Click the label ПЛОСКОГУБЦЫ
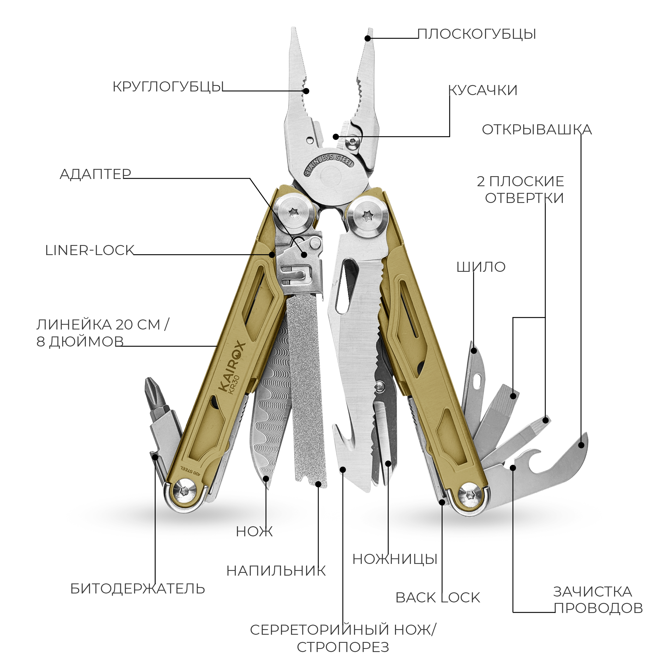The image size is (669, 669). coord(476,34)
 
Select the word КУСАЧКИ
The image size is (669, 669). coord(483,90)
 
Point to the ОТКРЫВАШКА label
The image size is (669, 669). coord(536,130)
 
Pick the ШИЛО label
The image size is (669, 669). coord(481,267)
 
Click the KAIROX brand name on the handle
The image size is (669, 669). coord(232,367)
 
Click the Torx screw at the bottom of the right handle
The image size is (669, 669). coord(470,496)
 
